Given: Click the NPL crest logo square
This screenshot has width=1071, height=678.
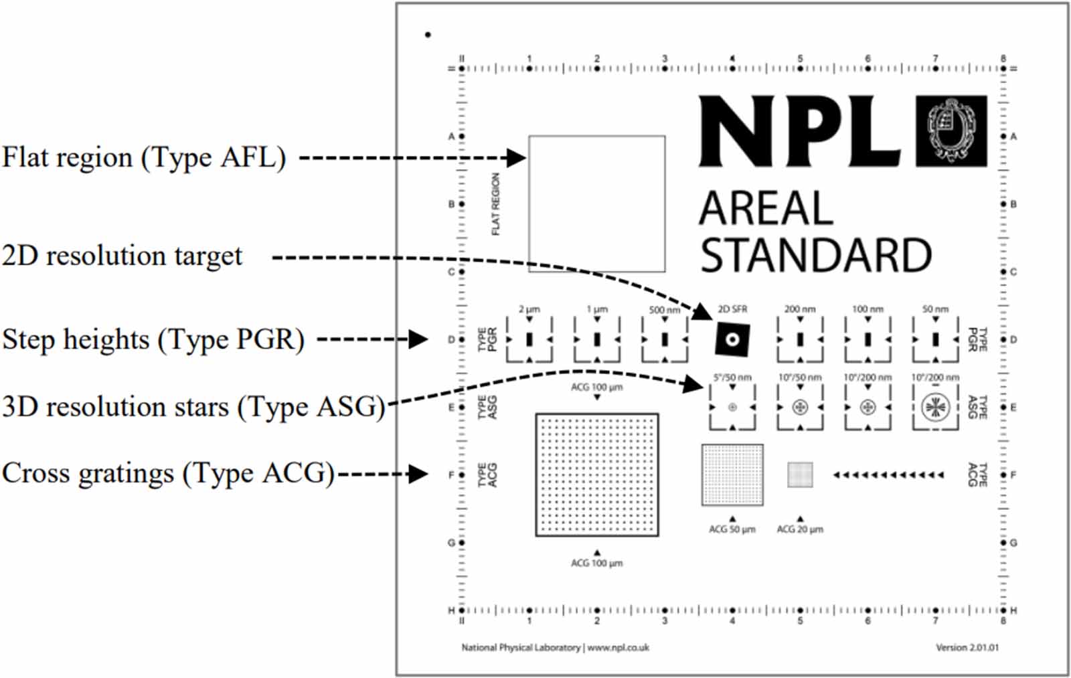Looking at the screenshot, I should (x=951, y=131).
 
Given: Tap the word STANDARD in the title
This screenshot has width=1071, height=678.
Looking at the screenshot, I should (x=815, y=255).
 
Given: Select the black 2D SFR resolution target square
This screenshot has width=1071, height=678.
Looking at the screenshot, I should (x=732, y=339).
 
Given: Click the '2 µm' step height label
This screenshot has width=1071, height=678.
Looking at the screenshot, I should (x=529, y=309).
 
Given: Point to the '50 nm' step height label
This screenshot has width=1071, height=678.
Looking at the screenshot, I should (x=935, y=309).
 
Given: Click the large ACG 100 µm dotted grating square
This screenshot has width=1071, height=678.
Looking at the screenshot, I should (x=596, y=475).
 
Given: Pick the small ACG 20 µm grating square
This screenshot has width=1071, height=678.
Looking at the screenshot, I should (x=800, y=475).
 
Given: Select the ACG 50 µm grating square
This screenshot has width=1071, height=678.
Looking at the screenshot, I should (x=732, y=475).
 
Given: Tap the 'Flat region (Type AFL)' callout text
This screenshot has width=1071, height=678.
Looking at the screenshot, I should (x=144, y=158).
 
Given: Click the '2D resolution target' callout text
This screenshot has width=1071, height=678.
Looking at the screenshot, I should (x=122, y=256).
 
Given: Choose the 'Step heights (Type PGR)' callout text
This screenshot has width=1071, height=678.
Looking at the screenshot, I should (x=153, y=339).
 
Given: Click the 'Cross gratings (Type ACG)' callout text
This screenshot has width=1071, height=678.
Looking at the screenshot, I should (x=168, y=474).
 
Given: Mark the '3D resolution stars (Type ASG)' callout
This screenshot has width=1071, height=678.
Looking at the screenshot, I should (x=193, y=407).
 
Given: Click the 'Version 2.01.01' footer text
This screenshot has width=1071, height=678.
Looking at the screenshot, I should (x=967, y=647).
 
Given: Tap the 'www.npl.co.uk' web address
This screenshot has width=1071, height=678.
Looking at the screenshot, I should (x=618, y=647).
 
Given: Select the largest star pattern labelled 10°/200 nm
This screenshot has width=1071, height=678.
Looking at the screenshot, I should (x=935, y=407).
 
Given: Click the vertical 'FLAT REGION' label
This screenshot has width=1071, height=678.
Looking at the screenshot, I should (x=495, y=204).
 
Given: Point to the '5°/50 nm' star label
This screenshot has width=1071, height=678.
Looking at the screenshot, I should (x=732, y=377).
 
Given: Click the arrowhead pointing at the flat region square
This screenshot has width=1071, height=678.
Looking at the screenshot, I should (x=516, y=158).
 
